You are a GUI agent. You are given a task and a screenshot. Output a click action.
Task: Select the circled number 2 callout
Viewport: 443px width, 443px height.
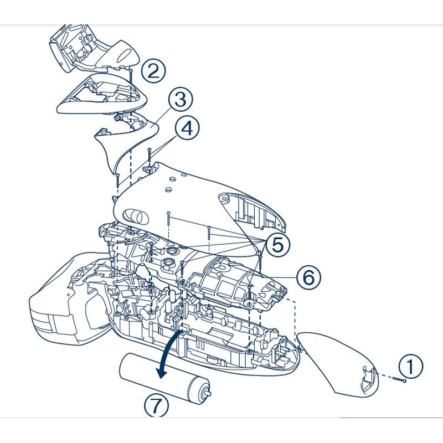coord(153,70)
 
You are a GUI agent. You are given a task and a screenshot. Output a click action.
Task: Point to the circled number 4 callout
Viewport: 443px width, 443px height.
coord(188,128)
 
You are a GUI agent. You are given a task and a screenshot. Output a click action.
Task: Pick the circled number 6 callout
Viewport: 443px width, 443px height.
coord(308,276)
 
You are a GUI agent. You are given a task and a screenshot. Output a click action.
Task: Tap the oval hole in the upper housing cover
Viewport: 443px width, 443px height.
coord(136,215)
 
